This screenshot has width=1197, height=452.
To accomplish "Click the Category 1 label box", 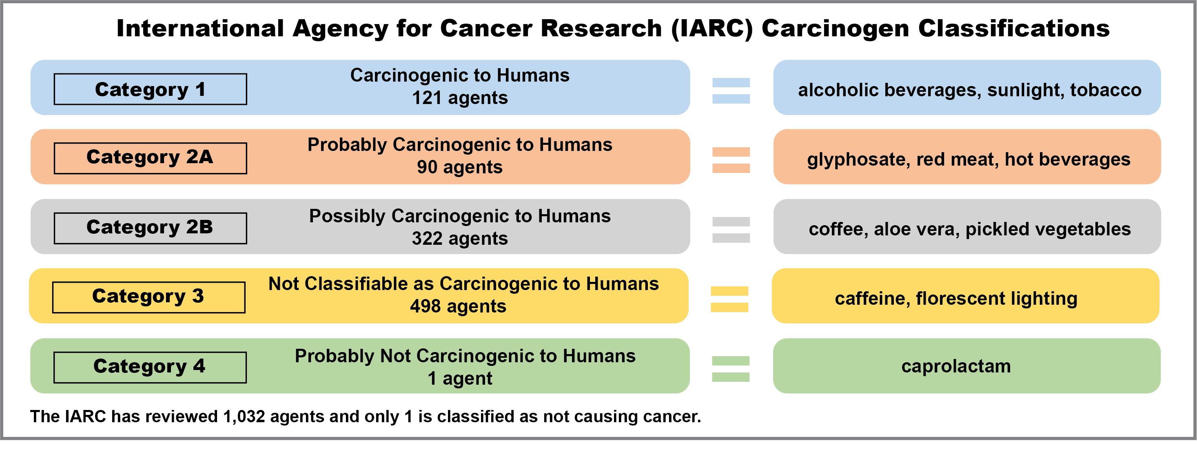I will click(150, 89).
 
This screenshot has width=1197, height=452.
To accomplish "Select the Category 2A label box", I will click(150, 158).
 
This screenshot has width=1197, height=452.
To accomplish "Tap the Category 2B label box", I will click(150, 228).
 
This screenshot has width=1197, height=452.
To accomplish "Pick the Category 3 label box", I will click(149, 297).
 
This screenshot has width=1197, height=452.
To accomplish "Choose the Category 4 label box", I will click(150, 368).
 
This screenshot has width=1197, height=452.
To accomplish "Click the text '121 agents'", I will click(459, 98).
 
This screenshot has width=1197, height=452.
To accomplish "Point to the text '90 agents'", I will click(459, 167).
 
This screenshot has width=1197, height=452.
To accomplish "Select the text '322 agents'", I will click(459, 239).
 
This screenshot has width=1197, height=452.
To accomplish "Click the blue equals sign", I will click(731, 91).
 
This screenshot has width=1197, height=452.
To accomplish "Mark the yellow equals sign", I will click(729, 299).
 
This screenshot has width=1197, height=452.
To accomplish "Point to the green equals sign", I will click(730, 369).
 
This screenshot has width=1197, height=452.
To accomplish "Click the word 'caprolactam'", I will click(956, 366).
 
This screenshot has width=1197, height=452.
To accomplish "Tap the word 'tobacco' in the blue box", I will click(1106, 90).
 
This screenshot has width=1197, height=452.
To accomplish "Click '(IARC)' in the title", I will click(712, 29).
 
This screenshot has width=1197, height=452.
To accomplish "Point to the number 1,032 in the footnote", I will click(244, 417).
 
